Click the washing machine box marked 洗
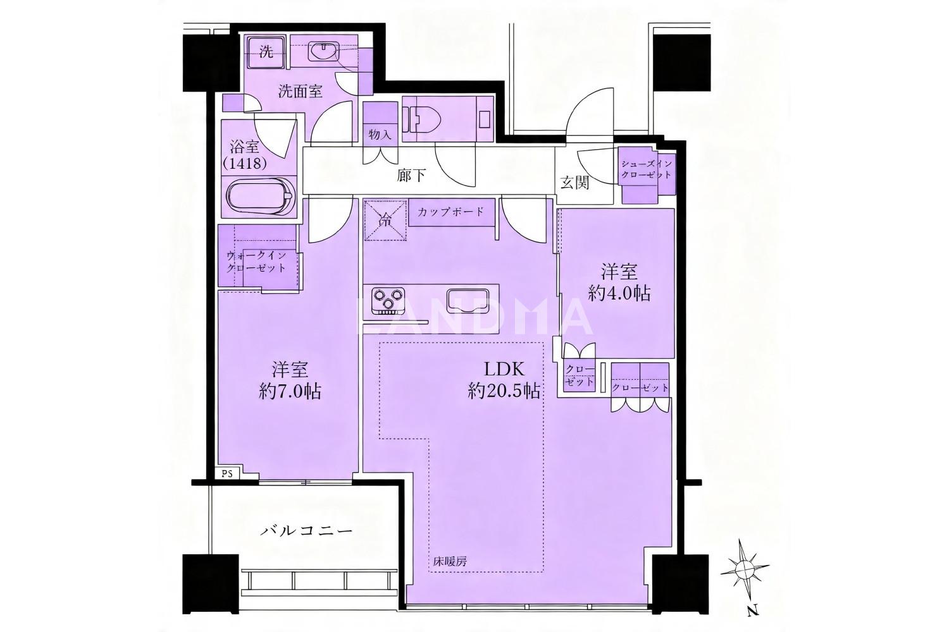click(x=266, y=53)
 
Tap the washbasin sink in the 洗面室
click(x=324, y=52)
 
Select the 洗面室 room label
click(x=300, y=91)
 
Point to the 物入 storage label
click(x=380, y=135)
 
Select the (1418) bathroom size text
click(x=245, y=164)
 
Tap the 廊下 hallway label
click(x=411, y=175)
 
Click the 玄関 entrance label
click(x=574, y=182)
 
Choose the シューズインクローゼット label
click(x=647, y=169)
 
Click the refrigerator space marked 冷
click(x=385, y=220)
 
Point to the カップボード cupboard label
click(x=450, y=212)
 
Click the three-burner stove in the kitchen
click(x=388, y=300)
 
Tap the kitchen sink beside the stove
click(x=466, y=300)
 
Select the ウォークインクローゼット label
click(x=256, y=262)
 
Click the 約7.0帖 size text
click(x=290, y=392)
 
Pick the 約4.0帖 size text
click(x=619, y=293)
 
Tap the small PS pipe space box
click(x=228, y=473)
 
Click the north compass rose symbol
click(x=745, y=568)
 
